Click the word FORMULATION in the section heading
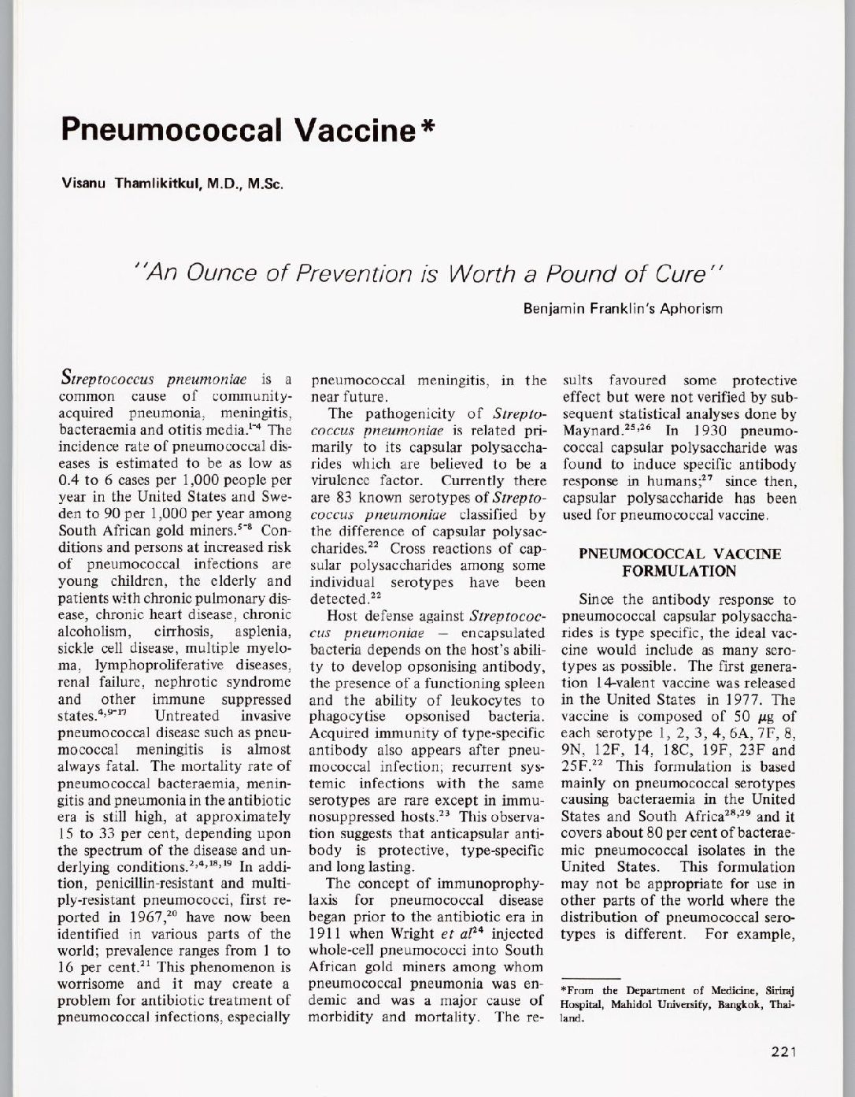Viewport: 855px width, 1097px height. [679, 570]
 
